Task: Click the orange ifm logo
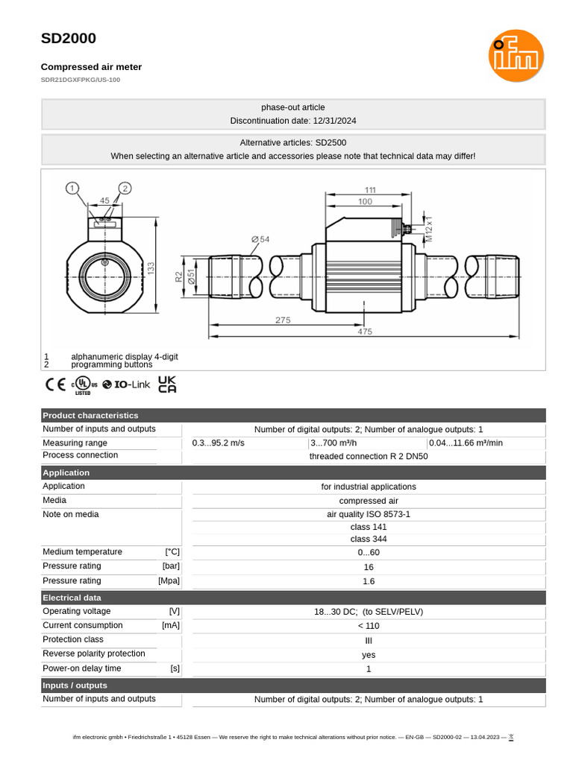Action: point(516,56)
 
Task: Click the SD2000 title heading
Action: point(68,39)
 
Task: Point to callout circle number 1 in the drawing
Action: point(72,189)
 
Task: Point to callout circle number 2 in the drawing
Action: point(125,189)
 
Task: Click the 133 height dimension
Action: point(151,268)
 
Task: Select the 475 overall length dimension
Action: point(364,332)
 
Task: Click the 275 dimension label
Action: point(283,320)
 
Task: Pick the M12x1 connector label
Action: point(429,227)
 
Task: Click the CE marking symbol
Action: point(55,385)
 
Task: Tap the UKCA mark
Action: point(167,384)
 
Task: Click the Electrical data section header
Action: point(72,598)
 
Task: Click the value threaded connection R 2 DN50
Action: point(369,457)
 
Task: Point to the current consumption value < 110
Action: point(369,626)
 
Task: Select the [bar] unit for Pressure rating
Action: point(171,566)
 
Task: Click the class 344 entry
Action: point(369,539)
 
